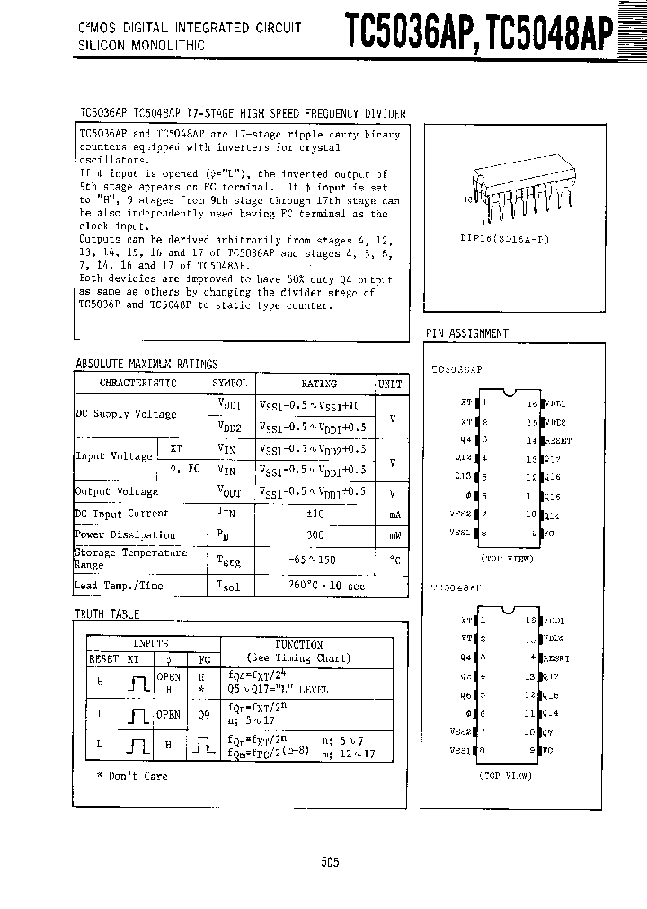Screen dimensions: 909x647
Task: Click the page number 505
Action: pos(329,861)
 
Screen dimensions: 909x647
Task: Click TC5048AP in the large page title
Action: pos(551,30)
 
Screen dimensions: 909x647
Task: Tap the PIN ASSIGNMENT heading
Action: pos(466,333)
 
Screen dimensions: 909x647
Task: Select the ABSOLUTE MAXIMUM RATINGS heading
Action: pos(146,364)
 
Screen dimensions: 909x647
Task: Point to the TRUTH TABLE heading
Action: pos(107,613)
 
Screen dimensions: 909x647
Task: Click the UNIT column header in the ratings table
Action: pos(389,383)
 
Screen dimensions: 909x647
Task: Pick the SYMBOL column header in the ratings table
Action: pos(228,383)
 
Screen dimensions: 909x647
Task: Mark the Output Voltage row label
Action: pos(117,491)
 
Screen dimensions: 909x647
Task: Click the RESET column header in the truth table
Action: pos(103,657)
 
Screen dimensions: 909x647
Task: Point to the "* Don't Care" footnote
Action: pos(132,775)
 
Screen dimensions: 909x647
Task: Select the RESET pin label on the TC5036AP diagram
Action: pos(556,441)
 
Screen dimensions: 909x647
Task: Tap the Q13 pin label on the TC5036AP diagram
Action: pos(464,476)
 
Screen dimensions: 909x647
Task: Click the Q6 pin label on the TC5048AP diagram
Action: pos(465,695)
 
